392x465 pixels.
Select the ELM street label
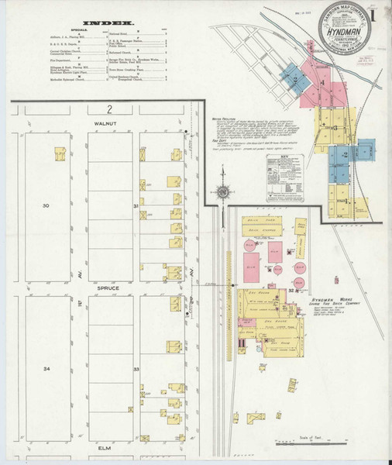coord(105,448)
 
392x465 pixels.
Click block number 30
coord(46,205)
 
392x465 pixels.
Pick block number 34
coord(46,368)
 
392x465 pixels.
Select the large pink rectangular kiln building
coord(252,272)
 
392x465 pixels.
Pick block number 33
coord(136,370)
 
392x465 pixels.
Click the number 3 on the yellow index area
coord(333,126)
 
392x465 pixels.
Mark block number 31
coord(136,205)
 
